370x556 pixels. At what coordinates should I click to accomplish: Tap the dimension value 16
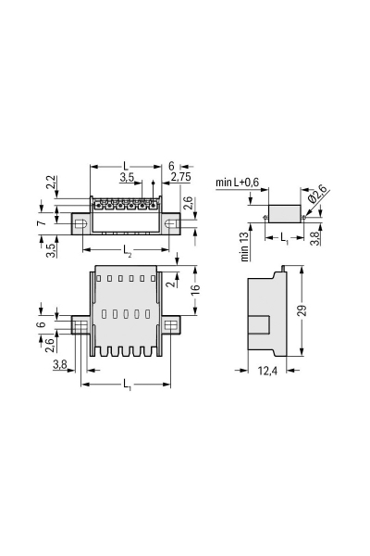[x=195, y=290]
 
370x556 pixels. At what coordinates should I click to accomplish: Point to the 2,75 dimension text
[x=182, y=175]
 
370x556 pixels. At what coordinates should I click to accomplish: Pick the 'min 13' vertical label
[x=245, y=246]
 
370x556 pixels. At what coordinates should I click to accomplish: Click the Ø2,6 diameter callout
[x=314, y=195]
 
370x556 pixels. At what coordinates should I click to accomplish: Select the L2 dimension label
[x=128, y=250]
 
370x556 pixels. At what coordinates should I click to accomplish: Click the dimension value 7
[x=42, y=223]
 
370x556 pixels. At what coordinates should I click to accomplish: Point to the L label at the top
[x=126, y=165]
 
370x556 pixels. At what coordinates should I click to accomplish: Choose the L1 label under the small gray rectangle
[x=284, y=237]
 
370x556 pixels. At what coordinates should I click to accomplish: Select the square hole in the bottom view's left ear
[x=81, y=325]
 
